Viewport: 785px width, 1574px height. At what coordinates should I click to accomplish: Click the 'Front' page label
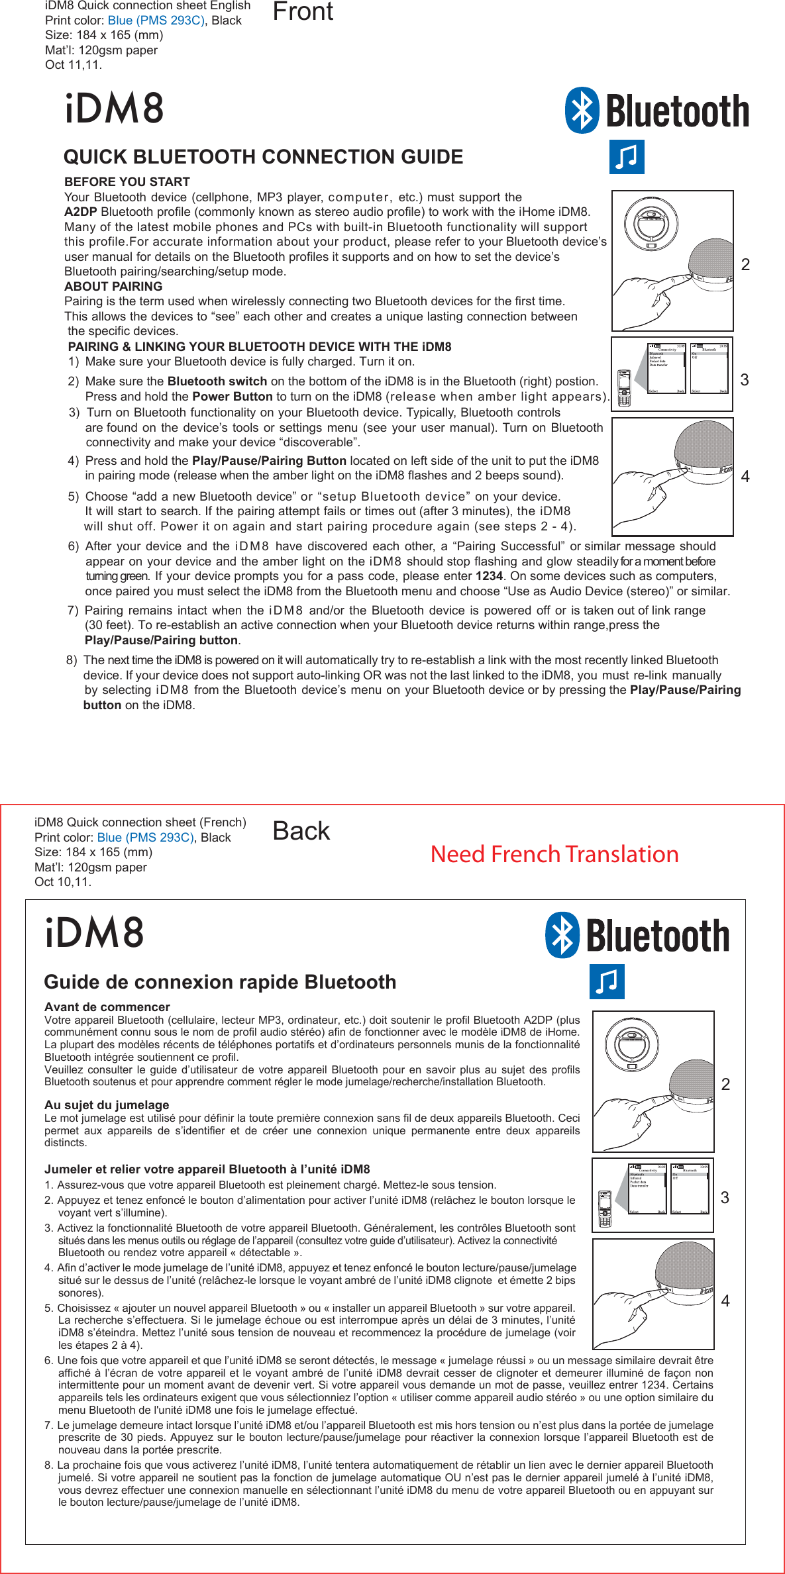pyautogui.click(x=303, y=12)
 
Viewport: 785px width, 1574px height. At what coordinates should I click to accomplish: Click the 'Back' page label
pyautogui.click(x=301, y=831)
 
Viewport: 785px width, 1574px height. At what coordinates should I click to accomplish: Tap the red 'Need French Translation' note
pyautogui.click(x=554, y=854)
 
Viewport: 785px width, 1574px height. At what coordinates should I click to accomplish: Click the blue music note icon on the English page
pyautogui.click(x=626, y=157)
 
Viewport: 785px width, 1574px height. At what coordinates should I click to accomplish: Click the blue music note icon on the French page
pyautogui.click(x=606, y=982)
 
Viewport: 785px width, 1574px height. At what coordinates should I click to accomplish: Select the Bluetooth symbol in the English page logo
pyautogui.click(x=582, y=111)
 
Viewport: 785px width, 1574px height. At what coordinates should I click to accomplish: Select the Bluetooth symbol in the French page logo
pyautogui.click(x=562, y=935)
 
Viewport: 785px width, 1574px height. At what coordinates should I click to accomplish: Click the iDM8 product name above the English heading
pyautogui.click(x=114, y=109)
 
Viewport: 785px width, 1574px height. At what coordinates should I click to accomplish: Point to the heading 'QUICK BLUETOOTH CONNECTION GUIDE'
pyautogui.click(x=263, y=157)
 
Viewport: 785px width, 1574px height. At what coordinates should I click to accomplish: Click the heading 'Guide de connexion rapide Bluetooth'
pyautogui.click(x=220, y=982)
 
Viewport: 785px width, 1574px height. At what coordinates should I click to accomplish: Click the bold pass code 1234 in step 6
pyautogui.click(x=489, y=576)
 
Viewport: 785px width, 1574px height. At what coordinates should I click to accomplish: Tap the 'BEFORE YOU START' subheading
pyautogui.click(x=127, y=181)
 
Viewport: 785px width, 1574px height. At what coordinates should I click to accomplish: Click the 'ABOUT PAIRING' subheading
pyautogui.click(x=113, y=287)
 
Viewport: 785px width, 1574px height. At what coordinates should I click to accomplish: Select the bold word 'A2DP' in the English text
pyautogui.click(x=80, y=212)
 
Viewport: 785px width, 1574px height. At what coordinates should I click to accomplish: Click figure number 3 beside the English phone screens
pyautogui.click(x=745, y=379)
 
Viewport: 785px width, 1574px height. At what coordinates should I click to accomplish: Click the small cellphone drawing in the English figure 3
pyautogui.click(x=623, y=388)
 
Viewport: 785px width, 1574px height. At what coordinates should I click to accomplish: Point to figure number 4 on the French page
pyautogui.click(x=725, y=1301)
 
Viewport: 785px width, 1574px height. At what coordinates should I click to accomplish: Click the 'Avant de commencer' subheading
pyautogui.click(x=107, y=1007)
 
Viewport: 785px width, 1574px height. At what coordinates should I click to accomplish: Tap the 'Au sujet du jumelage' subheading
pyautogui.click(x=106, y=1105)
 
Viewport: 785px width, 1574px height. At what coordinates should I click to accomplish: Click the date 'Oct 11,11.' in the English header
pyautogui.click(x=73, y=65)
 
